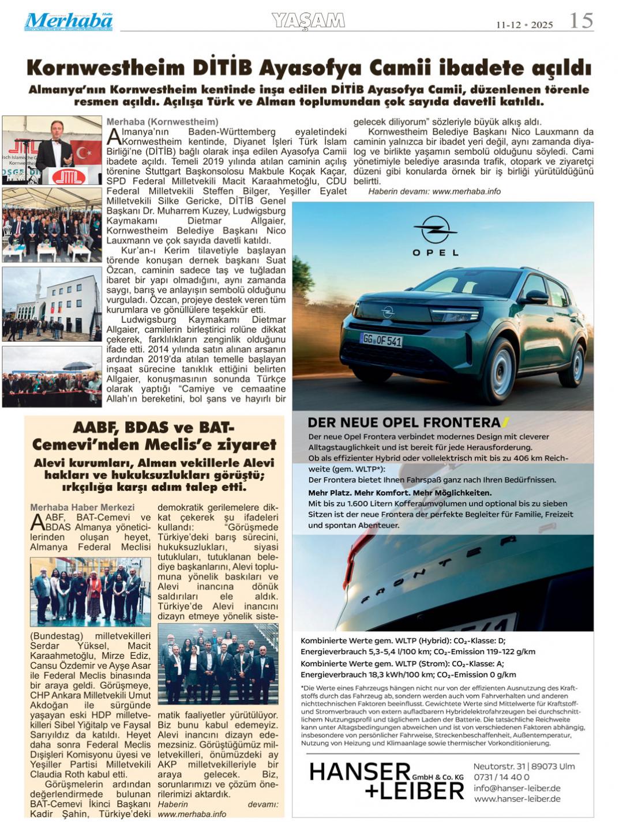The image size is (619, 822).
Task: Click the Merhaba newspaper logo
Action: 68,21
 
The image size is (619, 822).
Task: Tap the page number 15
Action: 581,21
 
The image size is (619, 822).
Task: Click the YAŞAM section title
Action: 308,21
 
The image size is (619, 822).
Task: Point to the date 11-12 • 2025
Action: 524,25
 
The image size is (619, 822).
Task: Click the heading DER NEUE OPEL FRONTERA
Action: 404,423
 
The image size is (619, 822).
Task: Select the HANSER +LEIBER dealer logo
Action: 387,780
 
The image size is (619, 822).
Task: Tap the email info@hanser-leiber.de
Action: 517,788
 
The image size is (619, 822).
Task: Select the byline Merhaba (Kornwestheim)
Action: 162,122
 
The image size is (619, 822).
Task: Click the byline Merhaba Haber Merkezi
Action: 82,507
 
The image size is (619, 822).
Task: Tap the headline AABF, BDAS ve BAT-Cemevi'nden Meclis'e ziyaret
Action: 154,436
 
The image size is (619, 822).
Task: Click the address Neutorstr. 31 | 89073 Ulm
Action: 524,766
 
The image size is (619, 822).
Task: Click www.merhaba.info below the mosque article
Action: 466,191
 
